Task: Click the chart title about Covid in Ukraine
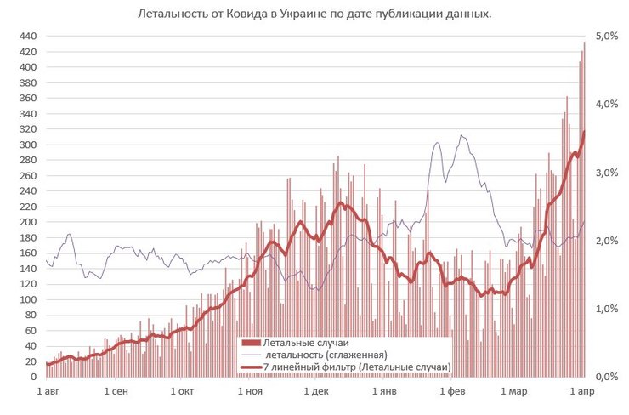(x=314, y=15)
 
